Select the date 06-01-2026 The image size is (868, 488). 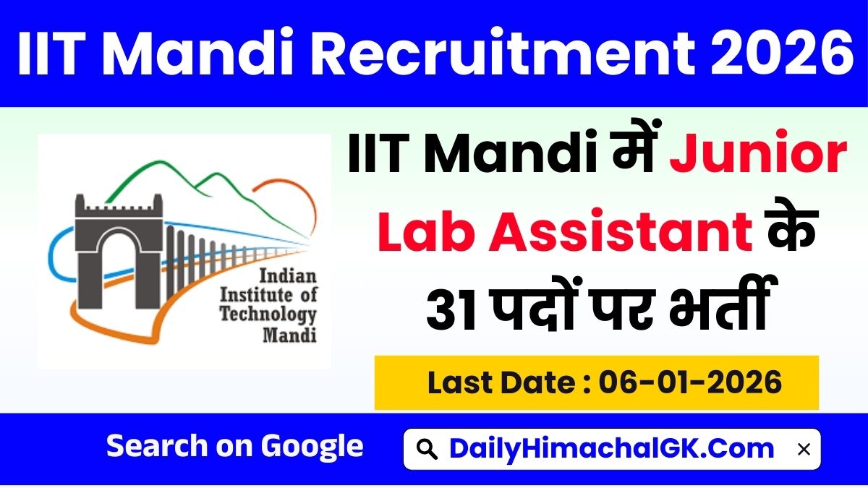(692, 382)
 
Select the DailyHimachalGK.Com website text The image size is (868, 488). (612, 449)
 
